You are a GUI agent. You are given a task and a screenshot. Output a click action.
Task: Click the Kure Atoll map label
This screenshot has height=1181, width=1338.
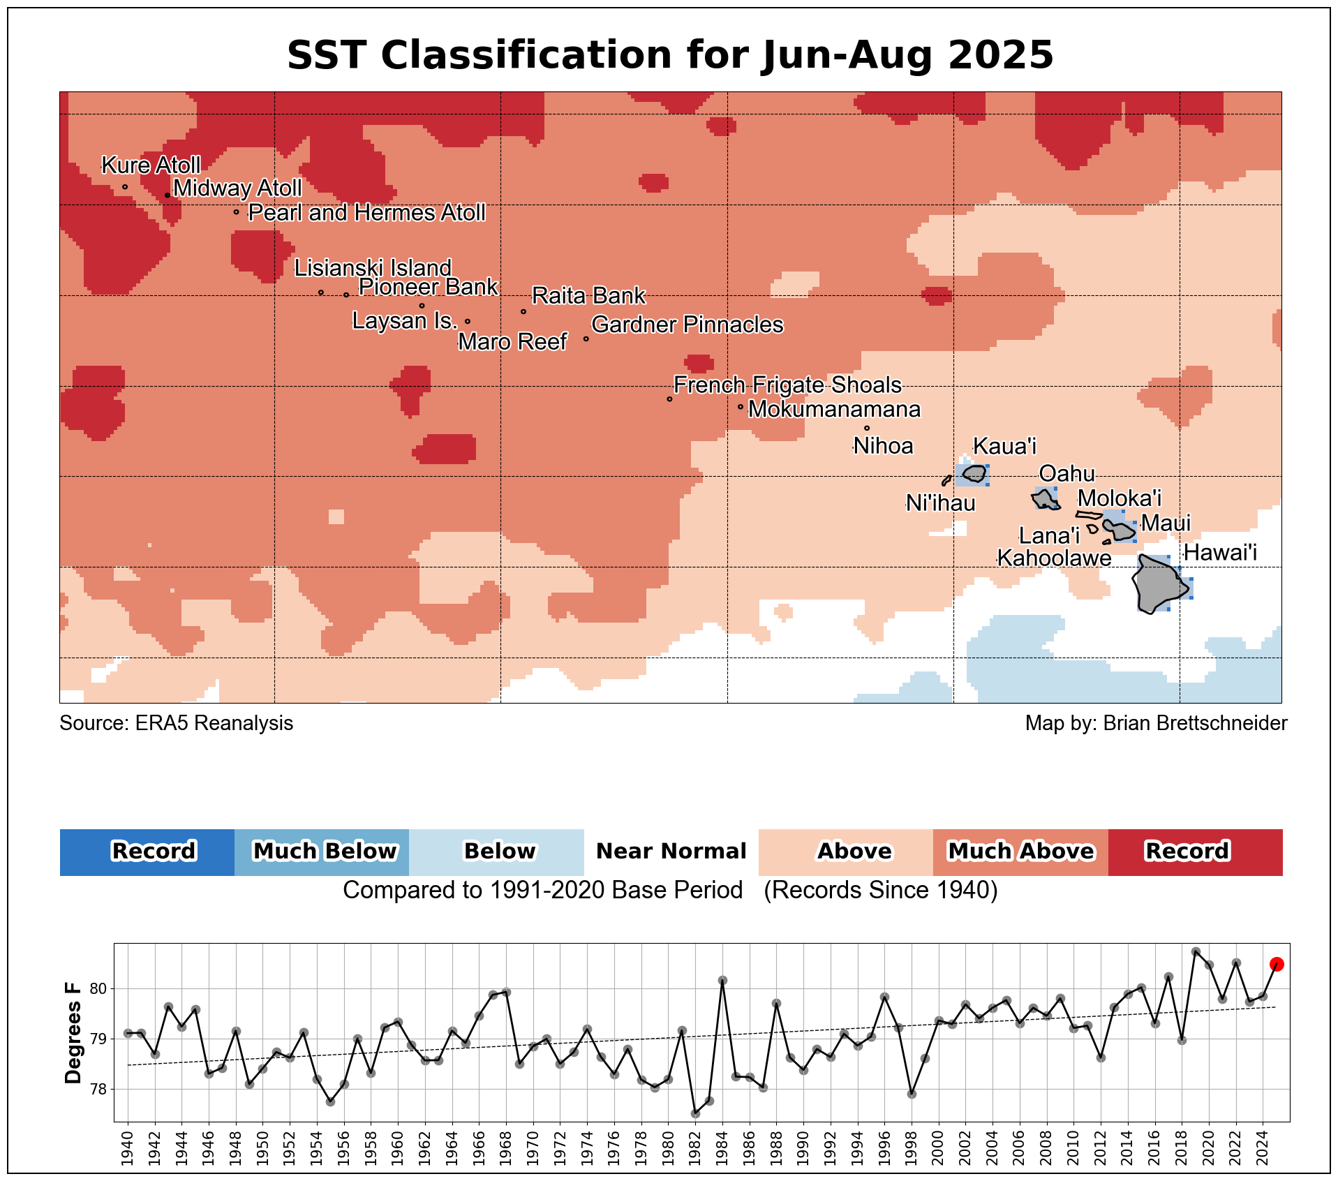(151, 165)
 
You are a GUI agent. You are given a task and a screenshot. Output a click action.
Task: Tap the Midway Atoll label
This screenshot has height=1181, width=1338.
(237, 188)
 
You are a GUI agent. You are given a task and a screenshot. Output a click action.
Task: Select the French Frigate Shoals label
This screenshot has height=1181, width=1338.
(787, 385)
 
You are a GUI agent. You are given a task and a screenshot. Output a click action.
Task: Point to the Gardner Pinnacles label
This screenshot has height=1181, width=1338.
(687, 325)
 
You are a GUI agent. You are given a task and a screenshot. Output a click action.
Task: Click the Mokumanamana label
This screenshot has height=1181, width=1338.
(834, 409)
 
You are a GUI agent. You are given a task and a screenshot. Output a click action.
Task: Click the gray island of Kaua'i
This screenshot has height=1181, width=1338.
(974, 474)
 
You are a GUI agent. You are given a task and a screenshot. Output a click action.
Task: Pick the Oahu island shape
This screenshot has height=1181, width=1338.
(1045, 499)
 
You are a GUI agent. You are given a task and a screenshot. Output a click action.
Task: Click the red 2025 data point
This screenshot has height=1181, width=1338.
(1277, 964)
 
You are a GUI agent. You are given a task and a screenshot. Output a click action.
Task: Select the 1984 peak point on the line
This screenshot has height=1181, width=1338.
(722, 980)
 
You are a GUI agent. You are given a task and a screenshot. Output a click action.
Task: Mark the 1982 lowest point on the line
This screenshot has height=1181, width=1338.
(695, 1113)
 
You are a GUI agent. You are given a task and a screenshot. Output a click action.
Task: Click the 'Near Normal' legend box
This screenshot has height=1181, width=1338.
(671, 852)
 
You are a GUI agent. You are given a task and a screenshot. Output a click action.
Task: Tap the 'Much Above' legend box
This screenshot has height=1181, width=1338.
(1020, 852)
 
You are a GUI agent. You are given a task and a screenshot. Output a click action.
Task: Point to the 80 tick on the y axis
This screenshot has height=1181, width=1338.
(98, 988)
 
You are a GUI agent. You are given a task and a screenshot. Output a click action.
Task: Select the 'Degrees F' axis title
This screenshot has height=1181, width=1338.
(73, 1033)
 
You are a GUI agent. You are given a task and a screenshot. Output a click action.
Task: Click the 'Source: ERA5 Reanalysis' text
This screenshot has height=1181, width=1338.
(177, 723)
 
